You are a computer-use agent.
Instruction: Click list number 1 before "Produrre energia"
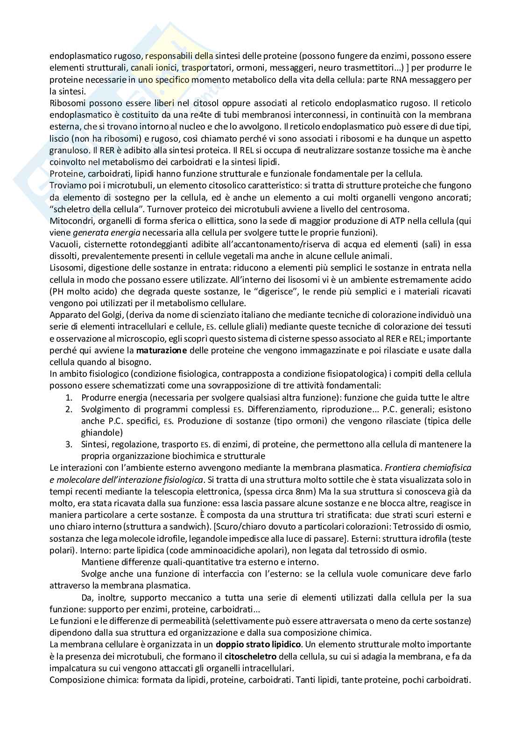pos(68,397)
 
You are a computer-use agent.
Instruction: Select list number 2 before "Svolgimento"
pos(68,409)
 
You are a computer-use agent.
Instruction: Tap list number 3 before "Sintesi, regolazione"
pos(68,444)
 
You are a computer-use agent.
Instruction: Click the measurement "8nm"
pos(305,491)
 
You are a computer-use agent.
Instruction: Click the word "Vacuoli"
pos(63,244)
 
